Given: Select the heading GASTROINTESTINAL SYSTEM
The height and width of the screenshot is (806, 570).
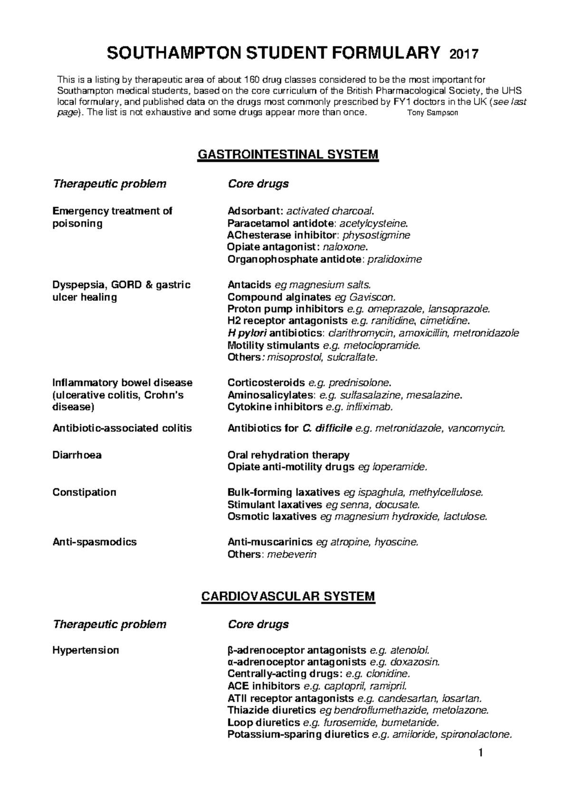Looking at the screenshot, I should tap(288, 154).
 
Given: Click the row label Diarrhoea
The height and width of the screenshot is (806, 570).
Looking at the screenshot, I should tap(77, 455).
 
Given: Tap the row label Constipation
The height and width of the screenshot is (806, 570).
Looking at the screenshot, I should tap(84, 492).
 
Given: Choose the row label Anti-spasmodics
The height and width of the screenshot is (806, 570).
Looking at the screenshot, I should tap(95, 542).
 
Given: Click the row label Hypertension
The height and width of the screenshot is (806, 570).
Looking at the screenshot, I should tap(85, 650).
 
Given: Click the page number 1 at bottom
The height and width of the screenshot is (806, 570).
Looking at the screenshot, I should tap(481, 752).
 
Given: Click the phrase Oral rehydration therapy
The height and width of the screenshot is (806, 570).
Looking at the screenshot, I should tap(288, 455).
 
